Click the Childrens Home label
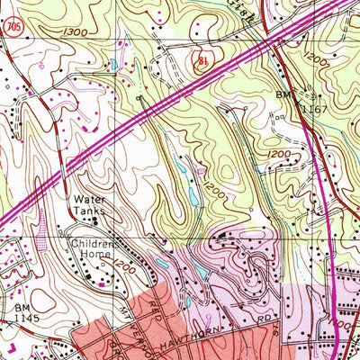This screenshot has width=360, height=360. [x=92, y=248]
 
